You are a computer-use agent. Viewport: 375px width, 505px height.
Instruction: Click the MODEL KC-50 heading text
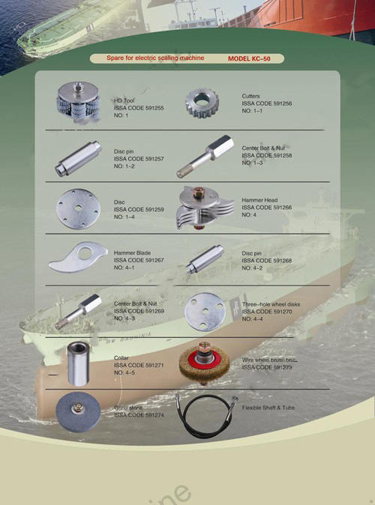point(253,58)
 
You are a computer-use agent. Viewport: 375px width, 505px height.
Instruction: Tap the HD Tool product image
point(78,102)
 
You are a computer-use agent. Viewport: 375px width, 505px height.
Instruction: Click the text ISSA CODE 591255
point(139,108)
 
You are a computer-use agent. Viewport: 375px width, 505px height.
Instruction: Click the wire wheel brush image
point(204,360)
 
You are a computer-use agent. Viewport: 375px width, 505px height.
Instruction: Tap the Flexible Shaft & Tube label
point(268,408)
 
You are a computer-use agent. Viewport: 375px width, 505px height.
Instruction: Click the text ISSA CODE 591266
point(266,208)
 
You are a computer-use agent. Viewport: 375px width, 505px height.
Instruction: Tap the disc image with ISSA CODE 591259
point(79,206)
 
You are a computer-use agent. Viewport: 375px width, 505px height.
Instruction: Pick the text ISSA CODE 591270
point(266,312)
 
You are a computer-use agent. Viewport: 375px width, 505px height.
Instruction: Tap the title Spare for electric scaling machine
point(155,58)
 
